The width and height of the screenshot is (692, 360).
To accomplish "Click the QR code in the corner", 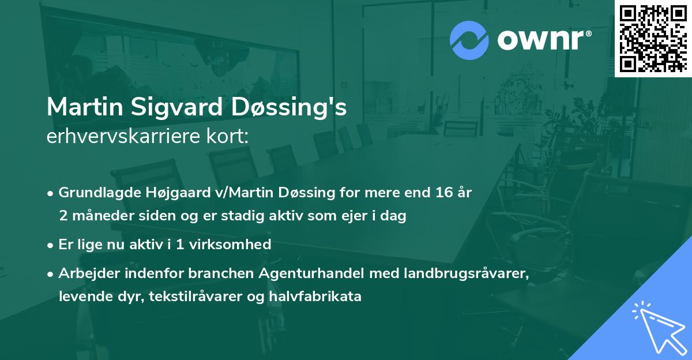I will click(x=653, y=38).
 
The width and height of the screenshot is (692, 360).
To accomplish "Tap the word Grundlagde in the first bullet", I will click(x=93, y=193).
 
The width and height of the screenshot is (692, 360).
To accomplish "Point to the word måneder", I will click(x=98, y=216).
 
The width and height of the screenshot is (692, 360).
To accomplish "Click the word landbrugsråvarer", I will click(x=455, y=273).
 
